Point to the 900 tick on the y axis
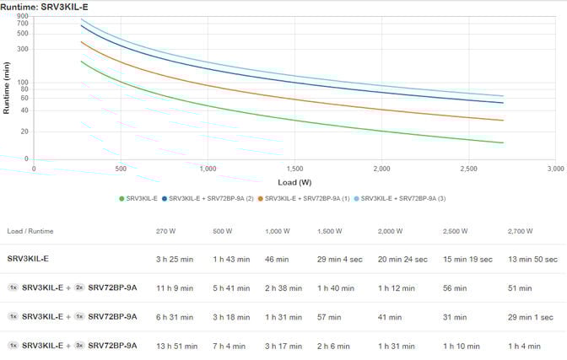pyautogui.click(x=23, y=16)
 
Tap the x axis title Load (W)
pyautogui.click(x=294, y=181)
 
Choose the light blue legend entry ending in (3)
pyautogui.click(x=403, y=198)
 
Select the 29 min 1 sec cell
pyautogui.click(x=530, y=317)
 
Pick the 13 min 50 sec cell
pyautogui.click(x=532, y=260)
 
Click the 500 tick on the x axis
pyautogui.click(x=121, y=168)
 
